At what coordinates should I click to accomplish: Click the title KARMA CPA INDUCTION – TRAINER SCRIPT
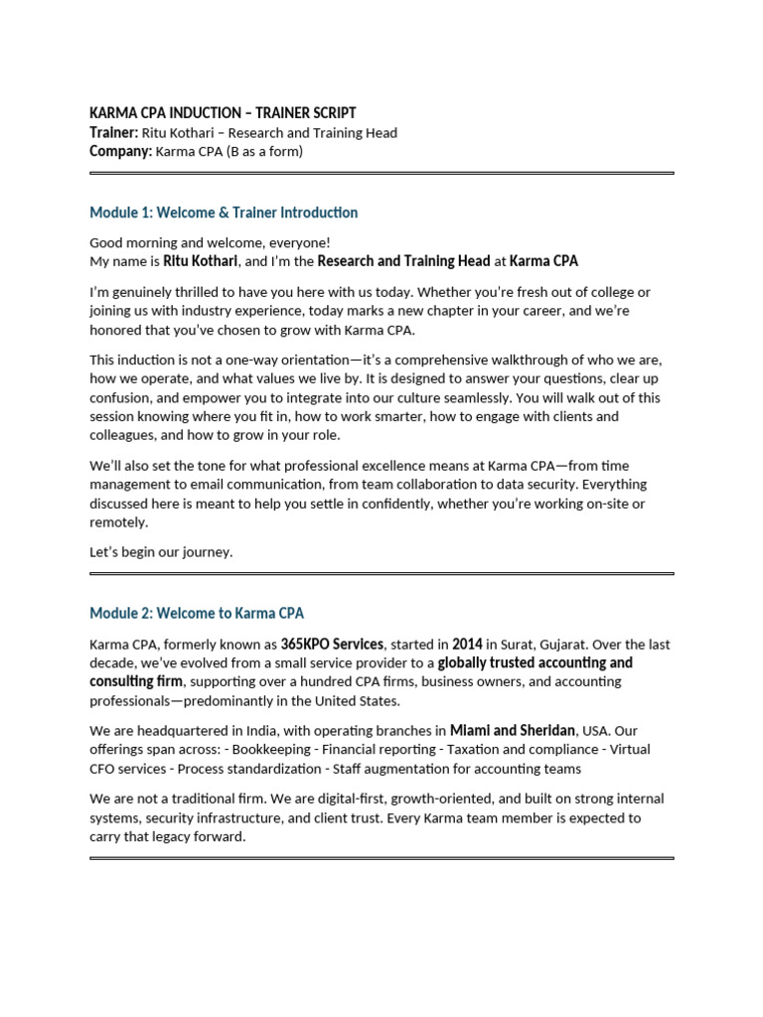point(223,113)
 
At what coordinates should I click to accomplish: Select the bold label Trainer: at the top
point(113,133)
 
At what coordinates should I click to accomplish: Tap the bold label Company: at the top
point(120,152)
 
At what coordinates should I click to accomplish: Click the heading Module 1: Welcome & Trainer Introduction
point(224,213)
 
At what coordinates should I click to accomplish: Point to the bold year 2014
point(467,644)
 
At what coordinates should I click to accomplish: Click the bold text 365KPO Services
point(333,644)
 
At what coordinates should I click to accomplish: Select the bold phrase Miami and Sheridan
point(513,731)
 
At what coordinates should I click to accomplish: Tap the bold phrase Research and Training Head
point(404,261)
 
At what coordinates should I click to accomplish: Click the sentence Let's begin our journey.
point(161,552)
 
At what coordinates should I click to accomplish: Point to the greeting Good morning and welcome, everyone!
point(211,242)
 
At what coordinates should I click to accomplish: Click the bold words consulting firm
point(136,681)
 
